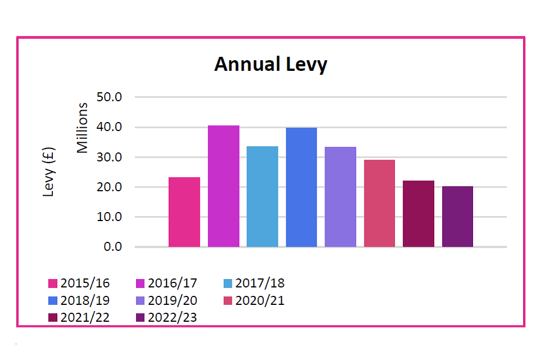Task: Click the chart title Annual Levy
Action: (x=271, y=65)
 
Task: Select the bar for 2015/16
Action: (x=184, y=212)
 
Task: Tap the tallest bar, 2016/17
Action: (x=223, y=186)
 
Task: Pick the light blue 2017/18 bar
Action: (x=262, y=196)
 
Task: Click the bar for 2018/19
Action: (x=301, y=187)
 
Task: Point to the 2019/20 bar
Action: (x=340, y=197)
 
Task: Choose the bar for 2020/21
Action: (x=379, y=203)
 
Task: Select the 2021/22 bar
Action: (x=418, y=214)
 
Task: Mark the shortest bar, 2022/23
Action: (x=457, y=217)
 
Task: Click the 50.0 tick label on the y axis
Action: (x=109, y=97)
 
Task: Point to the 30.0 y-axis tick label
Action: (x=109, y=157)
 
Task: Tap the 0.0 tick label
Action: (x=112, y=247)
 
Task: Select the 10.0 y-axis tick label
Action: (x=109, y=217)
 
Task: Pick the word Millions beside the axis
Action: (x=83, y=128)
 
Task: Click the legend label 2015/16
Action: (x=85, y=283)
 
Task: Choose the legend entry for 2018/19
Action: (x=85, y=300)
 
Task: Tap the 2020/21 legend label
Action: (x=259, y=300)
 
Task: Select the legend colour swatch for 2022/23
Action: (x=141, y=318)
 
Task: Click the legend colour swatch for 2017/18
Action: (x=228, y=283)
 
